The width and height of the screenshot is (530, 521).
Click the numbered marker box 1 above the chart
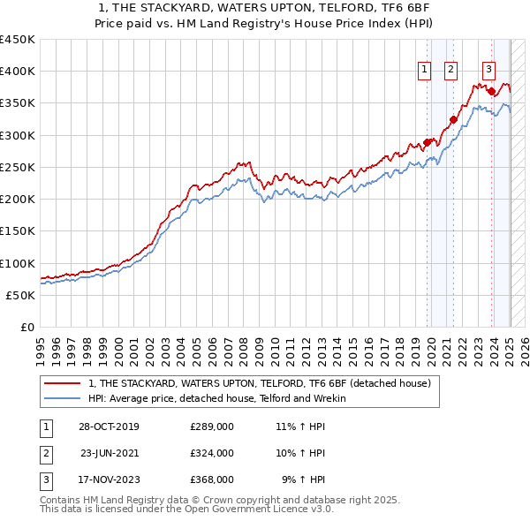pos(424,71)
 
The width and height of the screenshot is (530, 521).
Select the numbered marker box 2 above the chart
pos(450,71)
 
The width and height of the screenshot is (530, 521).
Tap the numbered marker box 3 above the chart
pos(488,71)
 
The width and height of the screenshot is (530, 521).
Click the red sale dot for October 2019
pos(427,142)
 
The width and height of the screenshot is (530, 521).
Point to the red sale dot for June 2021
pos(452,120)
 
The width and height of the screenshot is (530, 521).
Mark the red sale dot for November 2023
pos(490,91)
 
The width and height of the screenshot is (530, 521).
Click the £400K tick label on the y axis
pos(17,72)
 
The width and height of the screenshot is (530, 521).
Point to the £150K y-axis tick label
pos(17,231)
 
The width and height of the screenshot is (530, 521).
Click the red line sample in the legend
pos(62,384)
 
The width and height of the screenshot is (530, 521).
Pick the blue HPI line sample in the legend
pos(62,399)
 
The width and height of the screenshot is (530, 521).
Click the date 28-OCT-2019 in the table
pos(108,427)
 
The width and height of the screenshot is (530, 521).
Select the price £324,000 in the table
pos(212,453)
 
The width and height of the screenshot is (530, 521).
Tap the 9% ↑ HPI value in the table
pos(303,479)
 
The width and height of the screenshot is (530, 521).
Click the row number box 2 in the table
pos(43,453)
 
